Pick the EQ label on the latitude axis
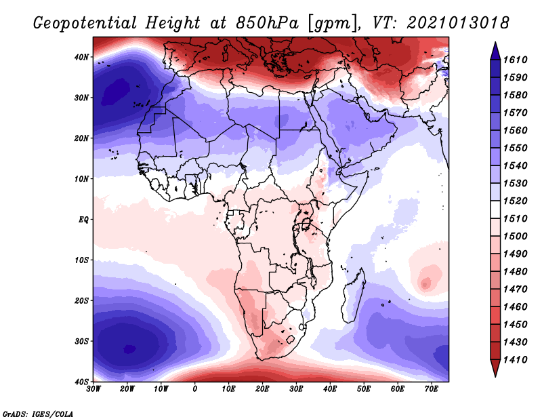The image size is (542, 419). (x=82, y=220)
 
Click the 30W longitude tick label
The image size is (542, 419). (x=93, y=388)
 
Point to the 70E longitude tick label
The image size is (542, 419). (x=431, y=388)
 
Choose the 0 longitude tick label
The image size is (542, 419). (x=195, y=388)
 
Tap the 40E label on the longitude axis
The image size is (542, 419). (x=330, y=388)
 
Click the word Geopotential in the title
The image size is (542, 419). (x=86, y=24)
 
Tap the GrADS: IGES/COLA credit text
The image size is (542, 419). (x=37, y=412)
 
